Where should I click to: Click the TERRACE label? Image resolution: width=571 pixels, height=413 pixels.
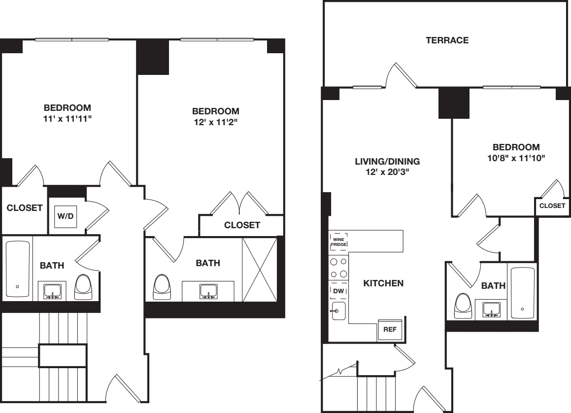(447, 41)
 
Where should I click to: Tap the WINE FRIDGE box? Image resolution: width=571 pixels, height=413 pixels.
(338, 242)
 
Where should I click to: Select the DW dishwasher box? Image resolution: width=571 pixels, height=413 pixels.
(338, 291)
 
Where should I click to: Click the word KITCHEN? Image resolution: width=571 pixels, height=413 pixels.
(383, 283)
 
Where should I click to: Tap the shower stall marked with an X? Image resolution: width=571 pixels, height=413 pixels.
(260, 269)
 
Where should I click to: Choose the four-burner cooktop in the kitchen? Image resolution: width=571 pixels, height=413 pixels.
(338, 268)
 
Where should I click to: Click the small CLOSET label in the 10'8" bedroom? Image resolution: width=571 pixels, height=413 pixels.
(552, 206)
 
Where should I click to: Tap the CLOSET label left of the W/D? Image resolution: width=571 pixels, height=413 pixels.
(25, 208)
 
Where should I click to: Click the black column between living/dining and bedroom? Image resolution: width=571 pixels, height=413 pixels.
(453, 103)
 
